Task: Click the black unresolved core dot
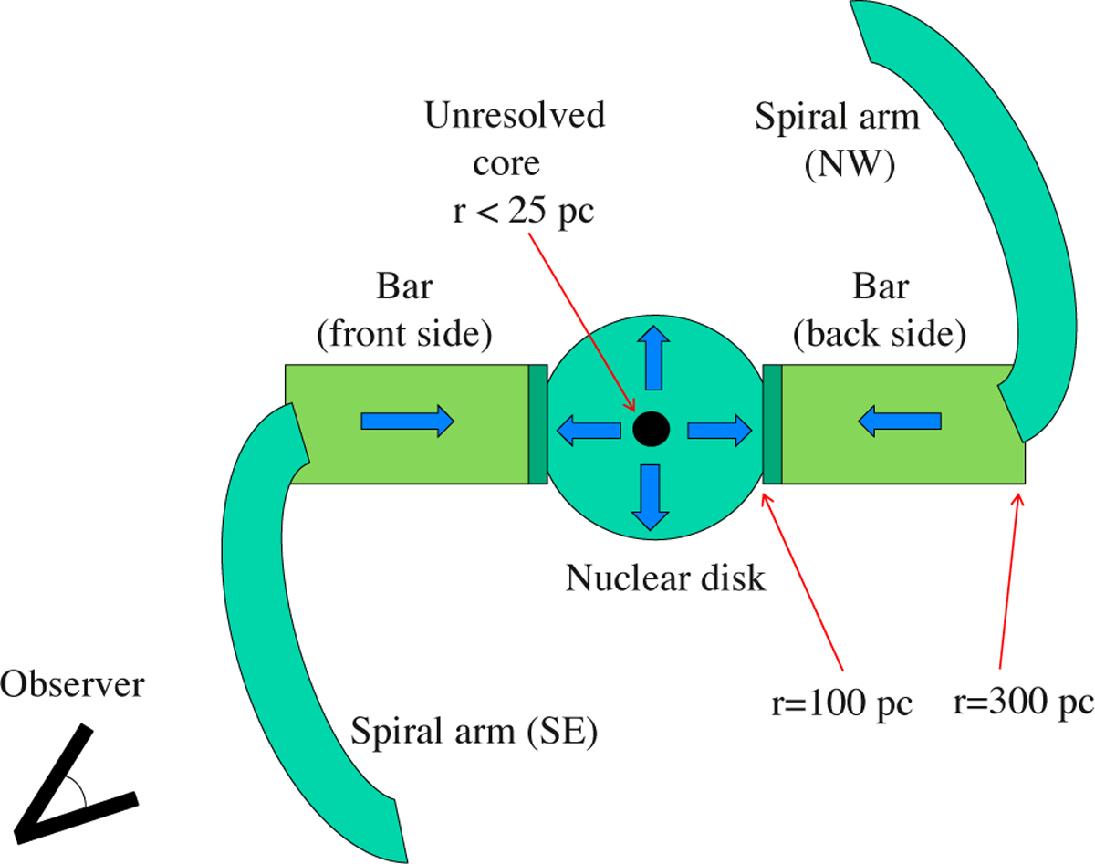click(x=652, y=428)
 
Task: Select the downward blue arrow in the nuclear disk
click(x=652, y=496)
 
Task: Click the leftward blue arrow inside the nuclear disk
click(x=589, y=430)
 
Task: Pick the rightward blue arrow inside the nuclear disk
click(x=718, y=430)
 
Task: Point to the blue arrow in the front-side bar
click(x=407, y=421)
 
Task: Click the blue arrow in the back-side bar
click(x=901, y=421)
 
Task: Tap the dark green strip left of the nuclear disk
click(x=537, y=423)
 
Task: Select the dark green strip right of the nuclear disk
click(x=772, y=423)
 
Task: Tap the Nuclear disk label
click(x=665, y=578)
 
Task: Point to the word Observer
click(x=72, y=684)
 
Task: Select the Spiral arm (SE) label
click(x=474, y=732)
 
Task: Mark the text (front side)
click(x=405, y=335)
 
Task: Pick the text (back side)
click(x=880, y=335)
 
